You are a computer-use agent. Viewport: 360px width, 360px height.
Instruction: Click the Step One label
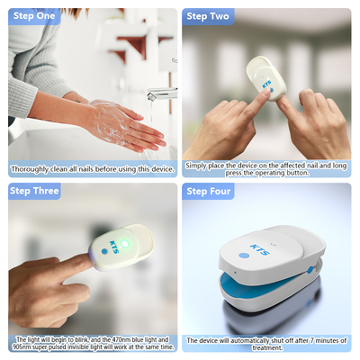point(34,16)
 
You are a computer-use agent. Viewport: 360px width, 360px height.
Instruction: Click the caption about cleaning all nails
point(93,168)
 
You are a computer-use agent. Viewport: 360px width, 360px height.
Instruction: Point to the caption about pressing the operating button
point(266,168)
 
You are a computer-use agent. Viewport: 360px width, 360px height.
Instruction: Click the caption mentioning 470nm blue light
point(93,342)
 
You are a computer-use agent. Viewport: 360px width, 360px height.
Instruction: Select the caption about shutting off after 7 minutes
point(266,342)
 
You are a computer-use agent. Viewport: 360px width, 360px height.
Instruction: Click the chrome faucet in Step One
point(163,93)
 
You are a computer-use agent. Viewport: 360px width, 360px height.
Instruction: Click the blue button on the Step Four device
point(244,255)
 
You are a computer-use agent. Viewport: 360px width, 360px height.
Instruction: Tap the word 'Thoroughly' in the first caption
point(28,168)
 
